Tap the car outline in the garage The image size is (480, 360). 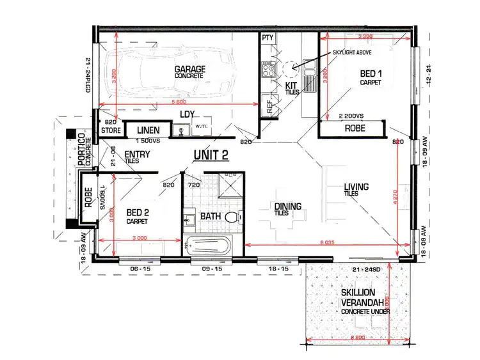point(168,74)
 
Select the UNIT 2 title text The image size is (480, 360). point(211,155)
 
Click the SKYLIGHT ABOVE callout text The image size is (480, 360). point(356,52)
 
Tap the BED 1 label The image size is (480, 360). point(371,74)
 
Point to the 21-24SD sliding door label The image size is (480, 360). point(365,270)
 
